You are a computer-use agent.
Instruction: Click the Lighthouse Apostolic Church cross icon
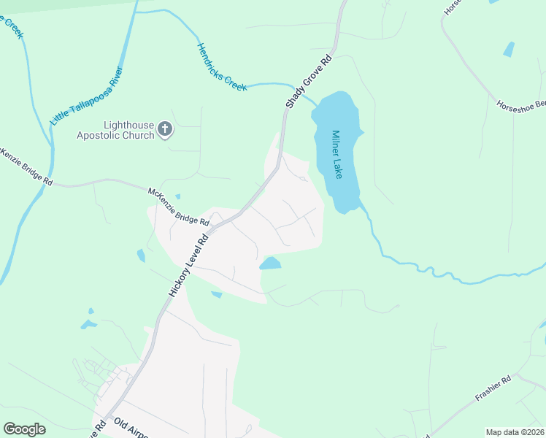pos(165,130)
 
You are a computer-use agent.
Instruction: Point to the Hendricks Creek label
pos(221,67)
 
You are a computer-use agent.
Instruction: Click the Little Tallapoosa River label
pos(86,96)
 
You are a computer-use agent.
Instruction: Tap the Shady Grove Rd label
pos(309,82)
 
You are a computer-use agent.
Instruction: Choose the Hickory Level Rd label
pos(189,264)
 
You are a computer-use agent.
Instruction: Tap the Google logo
pos(24,429)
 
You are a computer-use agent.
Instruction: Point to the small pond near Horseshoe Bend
pos(509,50)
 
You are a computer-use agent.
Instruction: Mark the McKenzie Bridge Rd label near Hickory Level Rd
pos(179,206)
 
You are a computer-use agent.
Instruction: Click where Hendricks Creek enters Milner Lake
pos(315,104)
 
